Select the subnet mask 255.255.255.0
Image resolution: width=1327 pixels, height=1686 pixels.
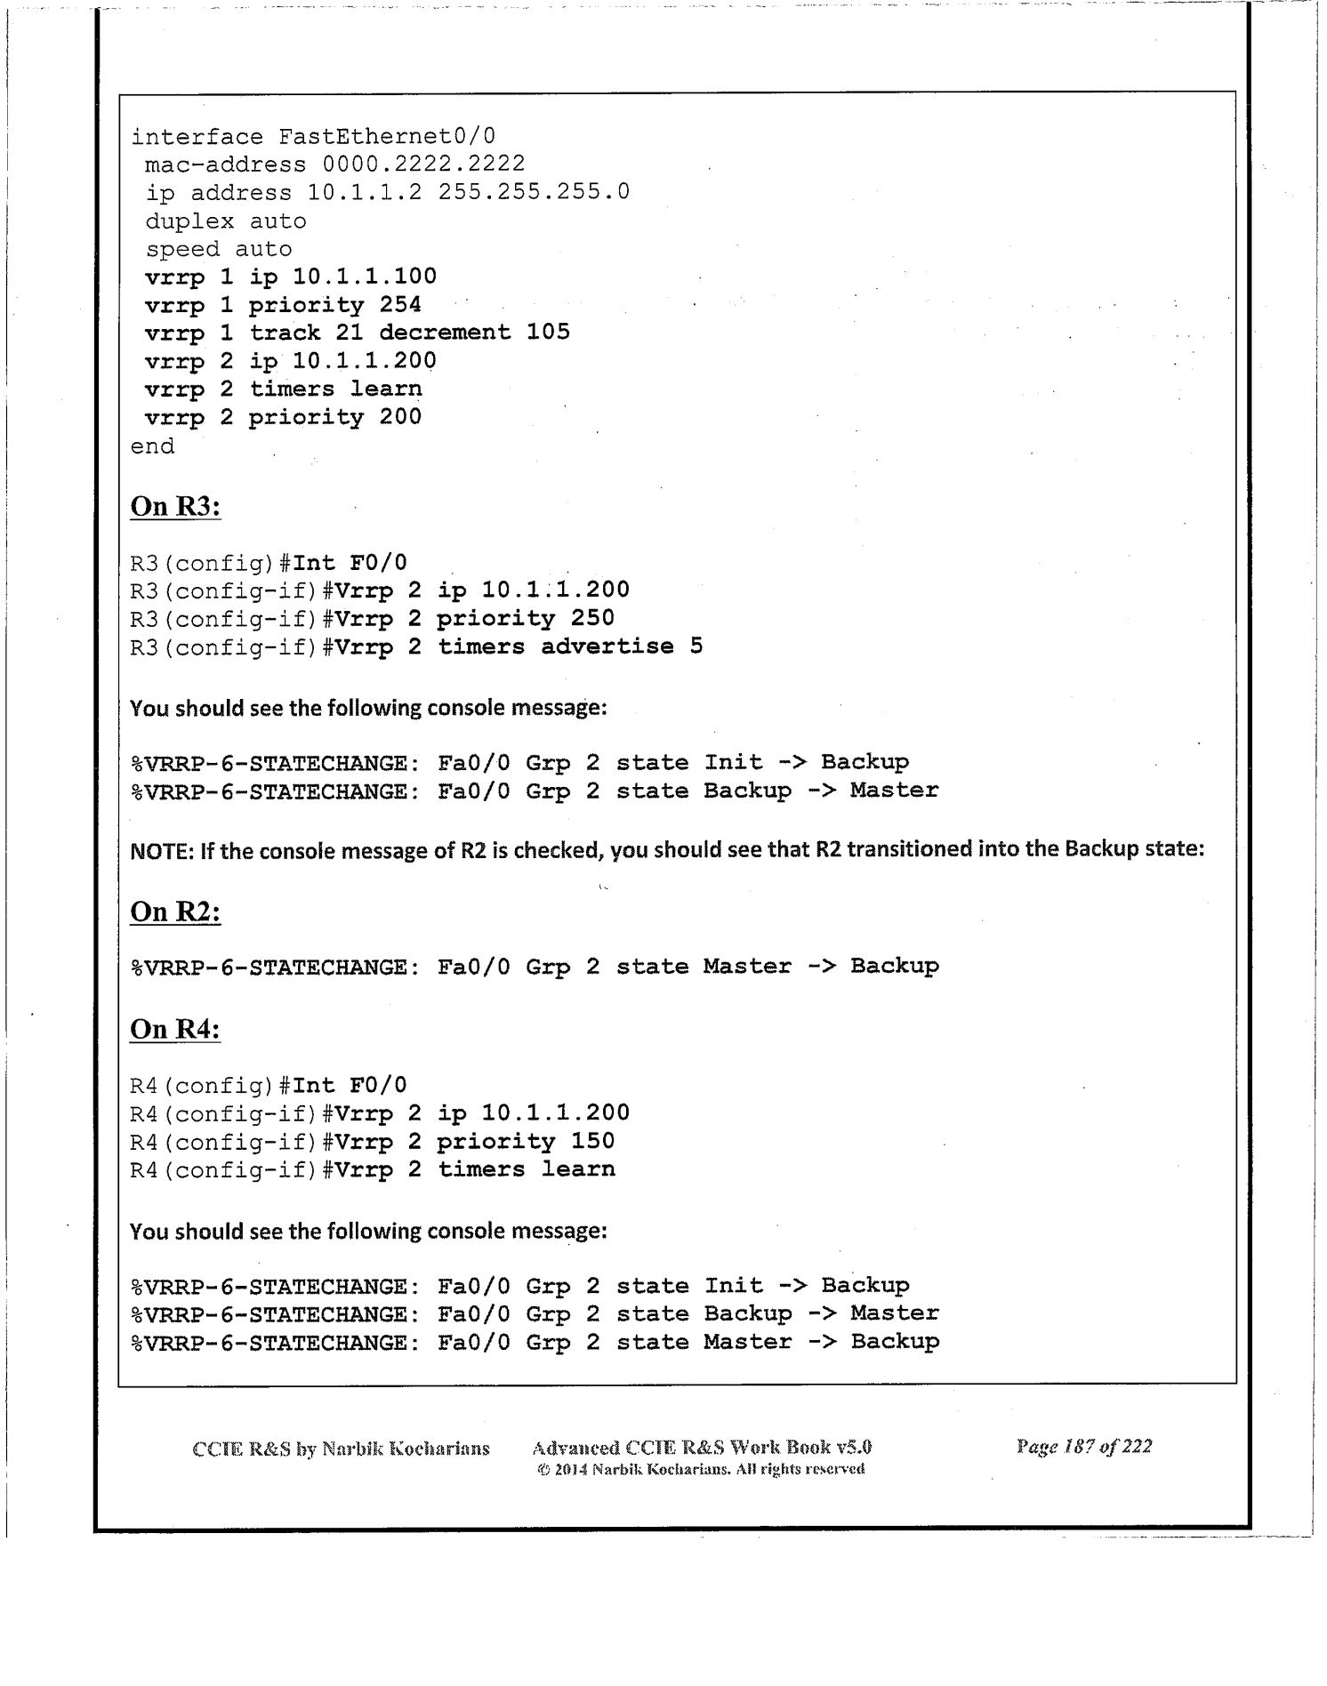(534, 193)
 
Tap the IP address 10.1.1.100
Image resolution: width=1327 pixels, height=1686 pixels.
(365, 277)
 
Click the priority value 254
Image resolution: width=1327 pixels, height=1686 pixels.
(400, 305)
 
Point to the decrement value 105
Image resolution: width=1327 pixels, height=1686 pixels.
(548, 333)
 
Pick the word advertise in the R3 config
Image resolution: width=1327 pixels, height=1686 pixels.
(607, 646)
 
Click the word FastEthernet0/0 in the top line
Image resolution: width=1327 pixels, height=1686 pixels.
(387, 137)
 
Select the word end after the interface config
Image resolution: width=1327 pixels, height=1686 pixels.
(153, 446)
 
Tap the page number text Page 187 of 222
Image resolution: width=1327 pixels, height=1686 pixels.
(1084, 1447)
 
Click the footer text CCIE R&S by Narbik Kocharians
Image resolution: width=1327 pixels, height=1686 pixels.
(342, 1449)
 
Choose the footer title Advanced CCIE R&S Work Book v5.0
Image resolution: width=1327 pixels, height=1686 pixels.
(701, 1447)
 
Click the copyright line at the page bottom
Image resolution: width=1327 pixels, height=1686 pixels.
(701, 1469)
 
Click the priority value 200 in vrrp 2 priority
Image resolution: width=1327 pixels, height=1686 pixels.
(400, 417)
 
